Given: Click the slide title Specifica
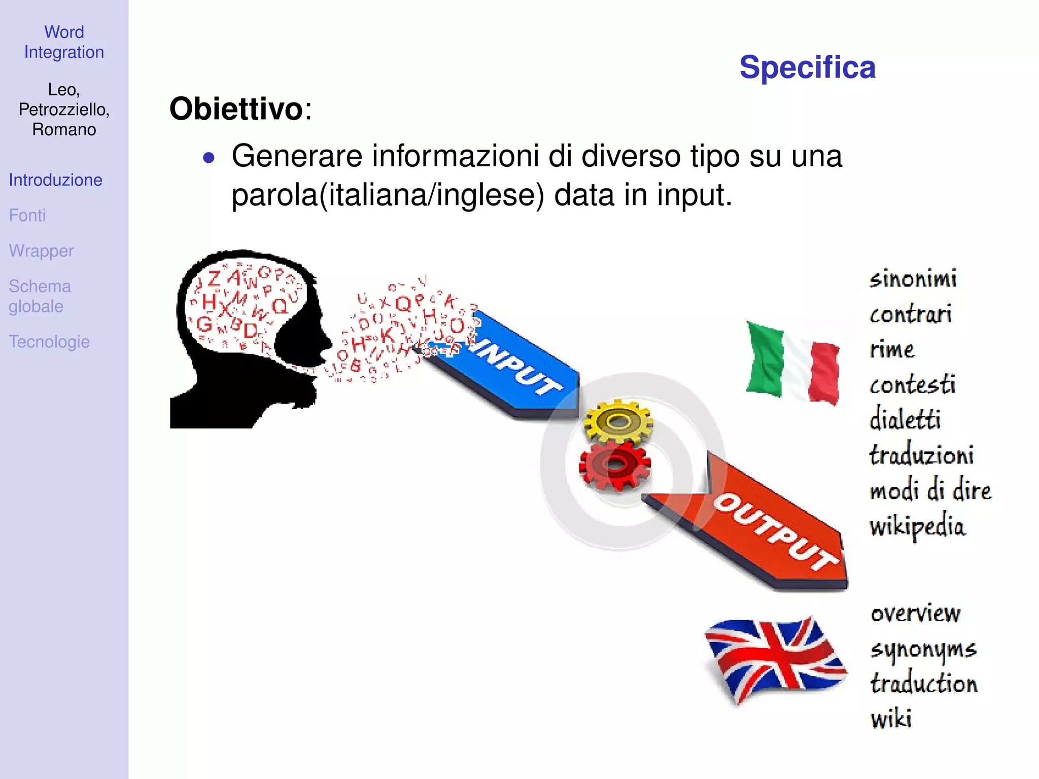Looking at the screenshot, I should click(x=807, y=67).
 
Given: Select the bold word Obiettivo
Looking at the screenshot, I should click(x=236, y=109).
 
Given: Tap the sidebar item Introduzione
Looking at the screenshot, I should click(x=55, y=180).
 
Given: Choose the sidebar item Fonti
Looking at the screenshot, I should click(x=27, y=216).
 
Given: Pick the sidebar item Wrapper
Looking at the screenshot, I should click(x=41, y=251).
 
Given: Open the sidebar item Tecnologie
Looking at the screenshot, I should click(x=49, y=342).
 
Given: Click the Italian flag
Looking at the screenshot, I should click(x=791, y=362).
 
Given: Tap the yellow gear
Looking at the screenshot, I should click(x=618, y=421).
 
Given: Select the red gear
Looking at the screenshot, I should click(x=615, y=465).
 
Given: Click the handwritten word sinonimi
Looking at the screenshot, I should click(x=913, y=279).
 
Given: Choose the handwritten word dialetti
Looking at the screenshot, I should click(x=905, y=420).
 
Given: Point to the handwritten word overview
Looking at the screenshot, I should click(x=915, y=614).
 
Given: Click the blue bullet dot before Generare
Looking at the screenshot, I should click(x=209, y=158).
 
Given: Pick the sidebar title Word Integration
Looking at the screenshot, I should click(x=64, y=42).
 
